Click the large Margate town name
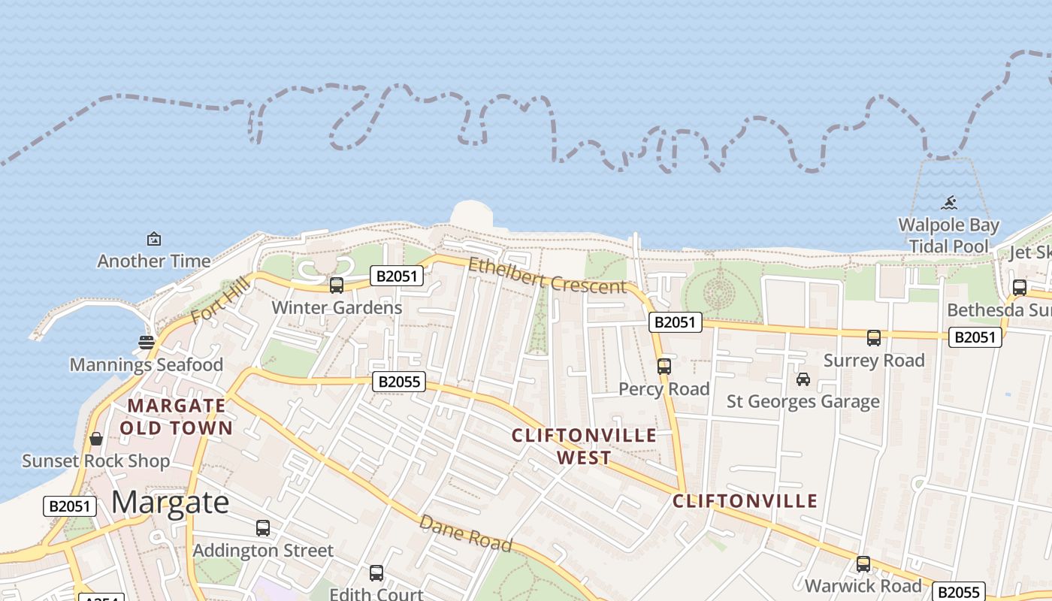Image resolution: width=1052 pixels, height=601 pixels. (x=170, y=502)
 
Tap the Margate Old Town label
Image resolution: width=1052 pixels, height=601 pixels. (x=177, y=417)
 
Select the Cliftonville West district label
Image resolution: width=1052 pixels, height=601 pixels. (x=584, y=446)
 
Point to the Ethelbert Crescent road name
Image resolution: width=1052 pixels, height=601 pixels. (x=546, y=276)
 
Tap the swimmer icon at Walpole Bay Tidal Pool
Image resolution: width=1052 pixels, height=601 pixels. (x=950, y=202)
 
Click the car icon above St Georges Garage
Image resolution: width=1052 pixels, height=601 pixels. (x=803, y=379)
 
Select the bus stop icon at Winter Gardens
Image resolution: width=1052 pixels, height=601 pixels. (x=336, y=285)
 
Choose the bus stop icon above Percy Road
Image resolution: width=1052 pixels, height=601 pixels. (x=664, y=367)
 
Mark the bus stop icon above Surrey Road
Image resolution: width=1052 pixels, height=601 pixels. (x=873, y=338)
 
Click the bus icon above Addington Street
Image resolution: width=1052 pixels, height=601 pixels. (x=262, y=528)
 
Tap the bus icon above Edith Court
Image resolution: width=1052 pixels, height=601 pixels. (x=376, y=573)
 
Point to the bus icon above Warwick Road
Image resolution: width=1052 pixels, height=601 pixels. (x=863, y=563)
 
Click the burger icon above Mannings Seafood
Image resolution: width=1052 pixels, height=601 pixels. (x=147, y=343)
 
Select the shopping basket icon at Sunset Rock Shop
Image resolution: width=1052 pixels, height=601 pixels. (x=96, y=439)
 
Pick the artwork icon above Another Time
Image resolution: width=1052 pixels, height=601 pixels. (x=154, y=239)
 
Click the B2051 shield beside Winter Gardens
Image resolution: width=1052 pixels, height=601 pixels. (x=396, y=276)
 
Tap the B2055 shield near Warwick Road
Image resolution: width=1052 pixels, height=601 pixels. (x=958, y=591)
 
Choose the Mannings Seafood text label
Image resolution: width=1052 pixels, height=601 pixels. (x=147, y=365)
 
